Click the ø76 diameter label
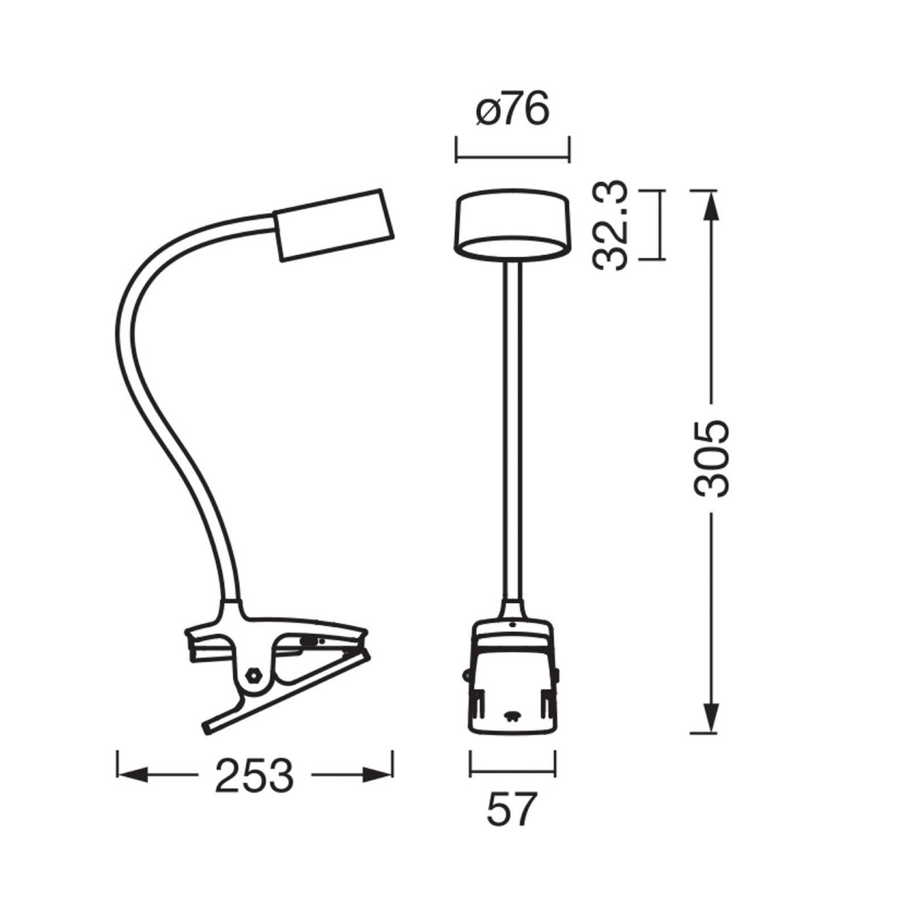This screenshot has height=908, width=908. tap(513, 109)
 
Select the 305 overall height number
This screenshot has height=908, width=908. tap(711, 459)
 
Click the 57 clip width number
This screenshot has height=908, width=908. tap(511, 810)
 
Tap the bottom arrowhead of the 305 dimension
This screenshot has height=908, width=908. tap(711, 716)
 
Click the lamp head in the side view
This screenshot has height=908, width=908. tap(334, 224)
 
